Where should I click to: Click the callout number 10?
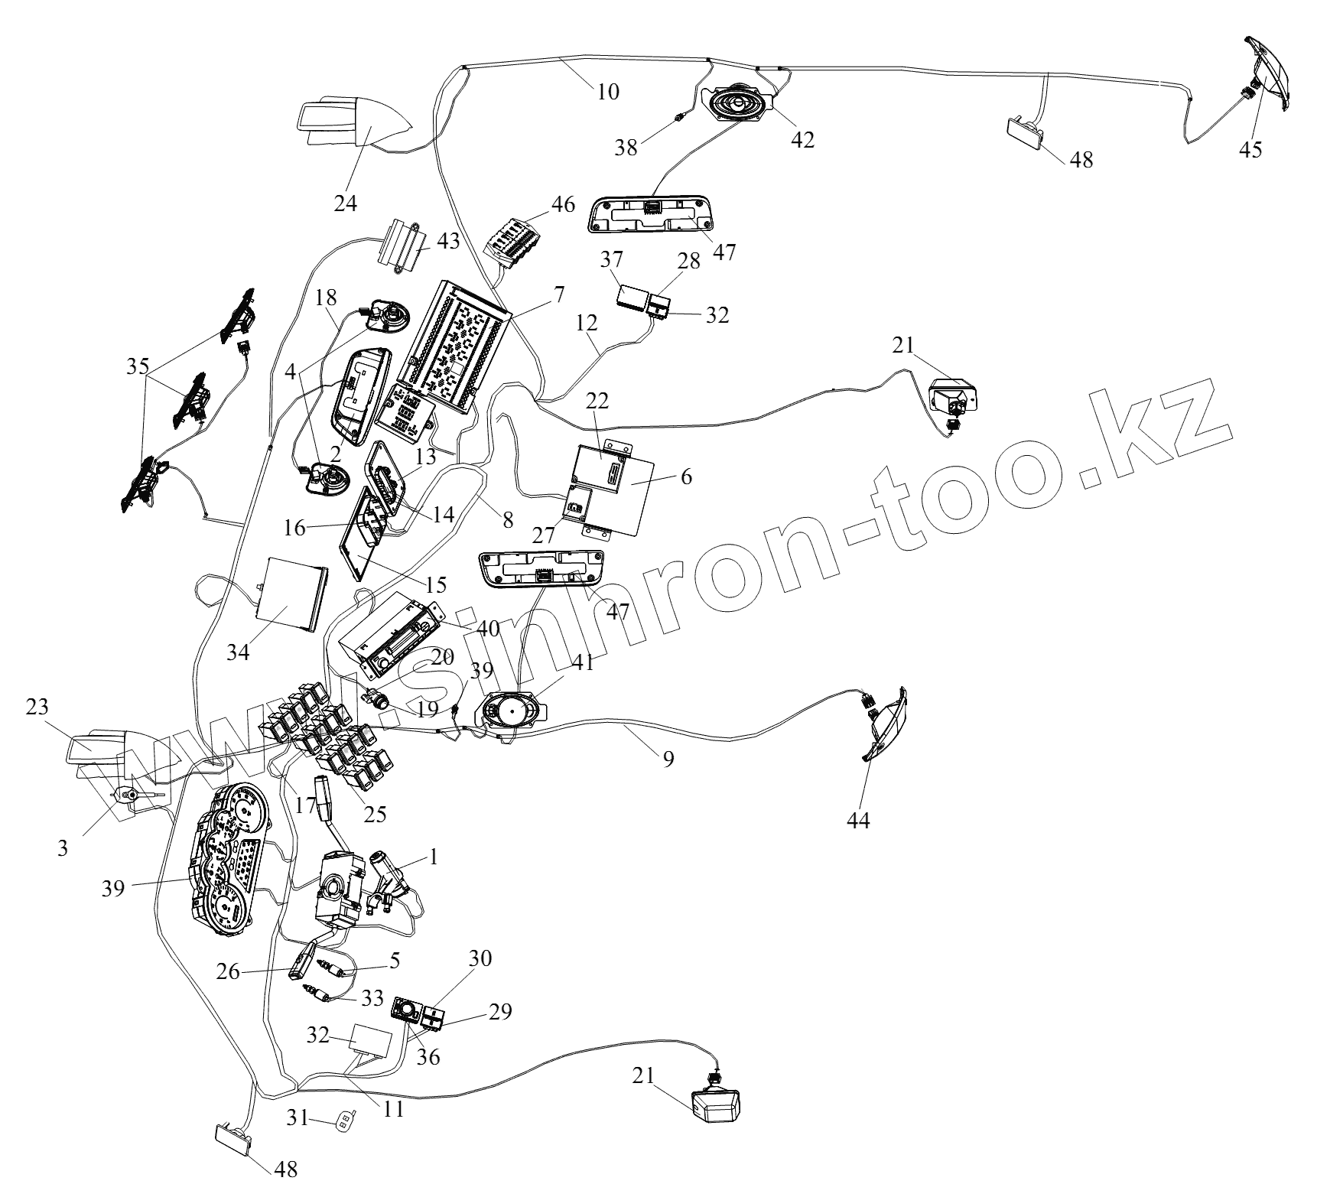coord(608,92)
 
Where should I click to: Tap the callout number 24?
coord(345,203)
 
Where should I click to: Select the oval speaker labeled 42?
coord(737,103)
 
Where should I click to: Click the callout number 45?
coord(1250,150)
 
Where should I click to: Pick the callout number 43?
coord(448,240)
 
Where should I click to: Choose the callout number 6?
coord(685,478)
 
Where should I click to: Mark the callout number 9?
coord(668,760)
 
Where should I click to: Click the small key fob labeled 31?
coord(344,1122)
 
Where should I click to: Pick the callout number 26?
coord(228,972)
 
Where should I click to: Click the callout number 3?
coord(63,847)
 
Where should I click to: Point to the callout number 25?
coord(375,814)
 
